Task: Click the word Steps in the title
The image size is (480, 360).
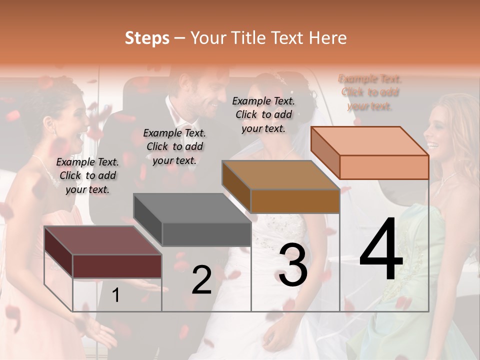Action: tap(147, 38)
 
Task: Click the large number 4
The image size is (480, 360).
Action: tap(381, 250)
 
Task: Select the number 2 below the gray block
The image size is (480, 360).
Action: tap(201, 280)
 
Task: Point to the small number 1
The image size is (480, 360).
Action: tap(116, 295)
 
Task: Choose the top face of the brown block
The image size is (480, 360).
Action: tap(280, 175)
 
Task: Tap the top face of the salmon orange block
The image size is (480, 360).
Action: tap(369, 141)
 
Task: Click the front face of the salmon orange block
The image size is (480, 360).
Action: tap(384, 167)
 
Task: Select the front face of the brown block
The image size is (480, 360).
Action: tap(295, 201)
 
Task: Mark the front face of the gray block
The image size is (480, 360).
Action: tap(206, 234)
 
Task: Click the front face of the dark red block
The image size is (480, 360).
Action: tap(117, 266)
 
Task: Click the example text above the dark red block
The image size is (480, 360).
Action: tap(87, 175)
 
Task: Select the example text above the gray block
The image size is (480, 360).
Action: tap(174, 146)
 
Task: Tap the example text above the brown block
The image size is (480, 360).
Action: tap(263, 114)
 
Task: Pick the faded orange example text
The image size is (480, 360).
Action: tap(370, 92)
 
